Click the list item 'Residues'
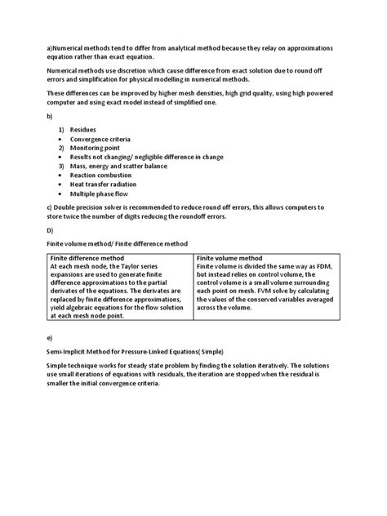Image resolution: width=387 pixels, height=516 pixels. [x=82, y=130]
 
